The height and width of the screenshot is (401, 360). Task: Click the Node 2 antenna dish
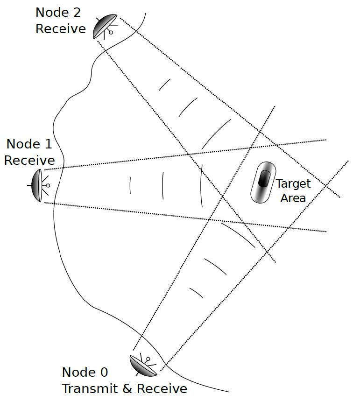click(x=104, y=26)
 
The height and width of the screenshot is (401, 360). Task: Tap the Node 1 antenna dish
click(x=37, y=185)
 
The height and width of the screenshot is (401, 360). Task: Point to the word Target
click(x=293, y=184)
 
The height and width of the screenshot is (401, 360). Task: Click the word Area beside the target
click(x=293, y=197)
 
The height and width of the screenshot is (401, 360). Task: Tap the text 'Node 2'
click(x=61, y=12)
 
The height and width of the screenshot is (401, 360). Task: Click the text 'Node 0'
click(x=85, y=373)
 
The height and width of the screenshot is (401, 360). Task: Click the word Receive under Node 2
click(x=61, y=28)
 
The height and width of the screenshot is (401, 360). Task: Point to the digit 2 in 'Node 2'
click(x=80, y=12)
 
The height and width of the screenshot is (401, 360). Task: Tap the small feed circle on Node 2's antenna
click(x=111, y=32)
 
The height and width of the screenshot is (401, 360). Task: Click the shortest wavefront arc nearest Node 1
click(x=130, y=185)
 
